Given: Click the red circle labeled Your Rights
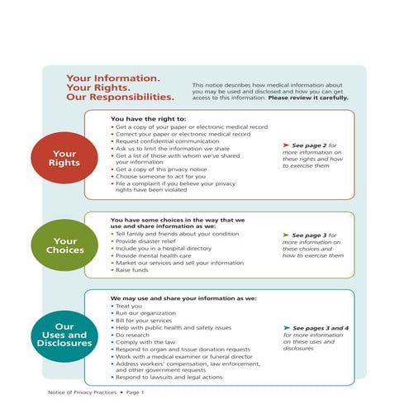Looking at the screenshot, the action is [64, 159].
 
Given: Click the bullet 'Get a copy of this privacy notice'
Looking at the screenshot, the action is [162, 169].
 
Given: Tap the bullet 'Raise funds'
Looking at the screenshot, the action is [135, 270].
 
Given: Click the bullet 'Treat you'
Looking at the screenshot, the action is [131, 306].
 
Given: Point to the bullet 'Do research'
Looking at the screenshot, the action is [136, 335].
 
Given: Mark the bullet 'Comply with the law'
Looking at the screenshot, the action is [146, 342].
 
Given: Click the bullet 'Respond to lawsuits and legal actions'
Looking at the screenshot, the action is [169, 378].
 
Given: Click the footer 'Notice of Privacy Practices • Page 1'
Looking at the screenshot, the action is [97, 392].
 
